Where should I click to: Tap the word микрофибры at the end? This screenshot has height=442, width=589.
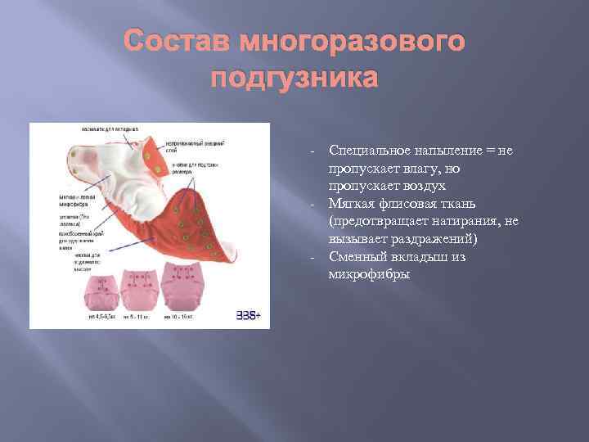[x=369, y=274]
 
